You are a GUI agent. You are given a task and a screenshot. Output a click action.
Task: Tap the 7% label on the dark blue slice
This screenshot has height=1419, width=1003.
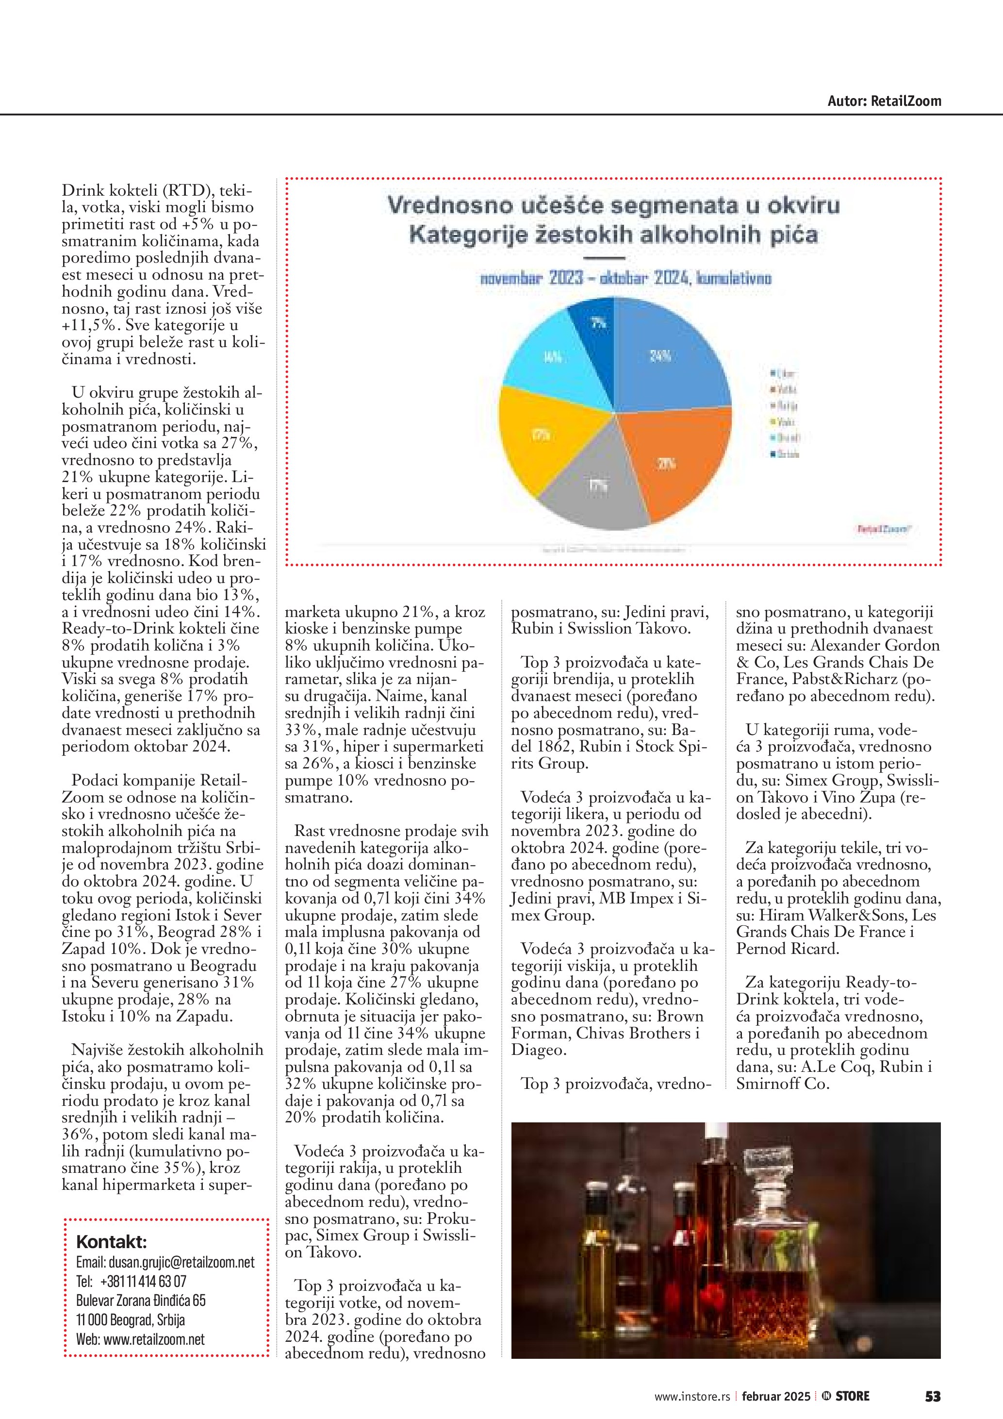[x=598, y=322]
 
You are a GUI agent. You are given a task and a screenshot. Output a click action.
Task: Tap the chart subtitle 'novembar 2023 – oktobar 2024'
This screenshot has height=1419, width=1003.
[x=625, y=278]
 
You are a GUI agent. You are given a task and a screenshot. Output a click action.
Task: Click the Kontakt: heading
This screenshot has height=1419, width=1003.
[x=111, y=1242]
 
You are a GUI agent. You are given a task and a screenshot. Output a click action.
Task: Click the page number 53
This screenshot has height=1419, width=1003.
[x=932, y=1396]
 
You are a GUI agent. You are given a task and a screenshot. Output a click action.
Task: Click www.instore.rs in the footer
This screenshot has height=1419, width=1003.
[x=692, y=1397]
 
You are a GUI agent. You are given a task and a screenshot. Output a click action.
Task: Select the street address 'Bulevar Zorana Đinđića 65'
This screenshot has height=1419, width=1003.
[x=141, y=1301]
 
